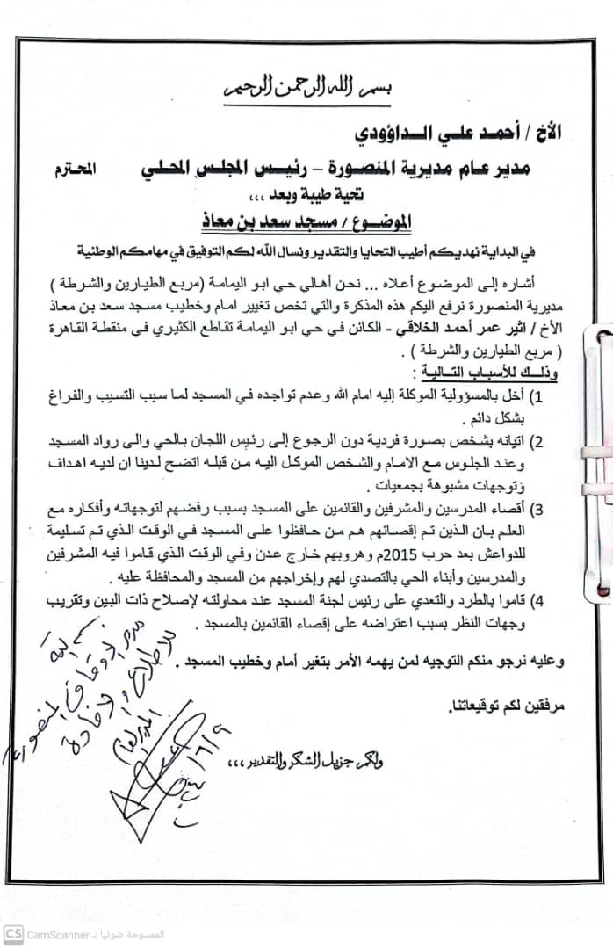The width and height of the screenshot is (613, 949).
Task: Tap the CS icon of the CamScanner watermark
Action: click(x=13, y=934)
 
